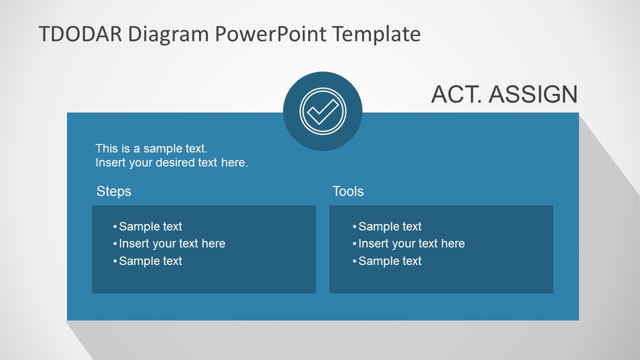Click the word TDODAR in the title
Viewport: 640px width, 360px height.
pos(80,34)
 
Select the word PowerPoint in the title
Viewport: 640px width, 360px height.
pos(271,34)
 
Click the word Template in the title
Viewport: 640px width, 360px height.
pos(376,34)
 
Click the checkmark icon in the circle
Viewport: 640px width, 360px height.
pos(322,111)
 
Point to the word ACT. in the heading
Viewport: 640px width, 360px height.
pos(456,94)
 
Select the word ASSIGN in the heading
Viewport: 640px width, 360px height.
pos(533,94)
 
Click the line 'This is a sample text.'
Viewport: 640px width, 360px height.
pos(151,148)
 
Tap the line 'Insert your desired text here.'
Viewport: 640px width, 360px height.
pos(171,162)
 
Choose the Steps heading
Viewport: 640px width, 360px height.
pos(113,191)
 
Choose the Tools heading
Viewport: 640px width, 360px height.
pos(348,191)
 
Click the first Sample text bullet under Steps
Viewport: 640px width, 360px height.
pos(150,226)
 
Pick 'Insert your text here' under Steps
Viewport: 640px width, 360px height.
pos(172,243)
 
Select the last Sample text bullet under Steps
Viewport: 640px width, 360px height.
pos(150,261)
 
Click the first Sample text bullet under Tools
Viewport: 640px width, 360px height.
pos(389,226)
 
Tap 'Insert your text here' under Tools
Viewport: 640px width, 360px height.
pos(411,243)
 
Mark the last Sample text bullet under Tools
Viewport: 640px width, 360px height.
pos(389,261)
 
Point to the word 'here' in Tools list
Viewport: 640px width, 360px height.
pos(453,243)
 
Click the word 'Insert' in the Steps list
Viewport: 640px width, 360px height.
pos(134,243)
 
